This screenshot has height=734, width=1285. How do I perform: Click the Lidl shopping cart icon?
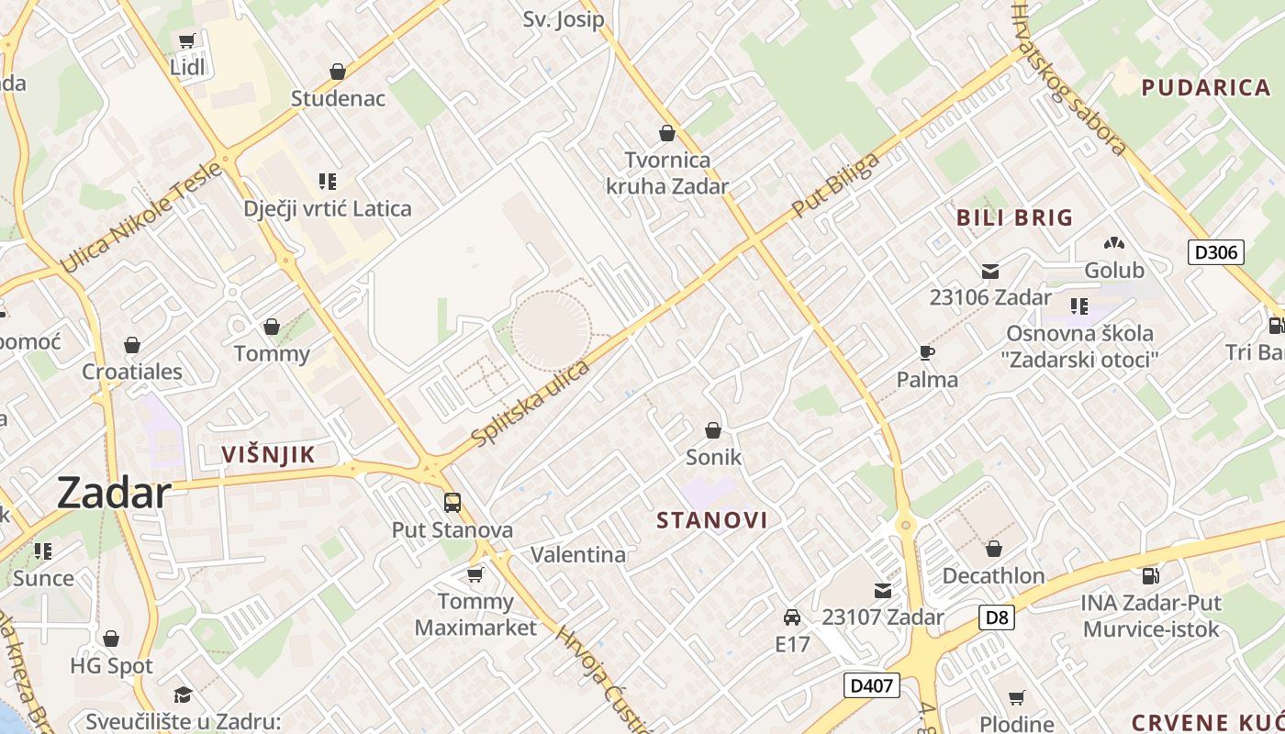(187, 40)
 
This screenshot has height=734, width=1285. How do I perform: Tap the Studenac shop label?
(338, 98)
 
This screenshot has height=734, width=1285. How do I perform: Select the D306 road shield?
(1215, 252)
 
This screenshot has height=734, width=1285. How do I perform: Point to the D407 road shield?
(871, 685)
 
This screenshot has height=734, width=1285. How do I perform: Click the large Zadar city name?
(114, 494)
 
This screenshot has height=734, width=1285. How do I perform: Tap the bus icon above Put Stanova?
(453, 502)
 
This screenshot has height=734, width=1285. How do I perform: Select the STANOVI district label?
(712, 520)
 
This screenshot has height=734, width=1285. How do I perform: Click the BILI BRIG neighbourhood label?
(1014, 217)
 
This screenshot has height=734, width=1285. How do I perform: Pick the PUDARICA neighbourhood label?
(1206, 88)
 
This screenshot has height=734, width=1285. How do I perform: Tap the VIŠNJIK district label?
(268, 454)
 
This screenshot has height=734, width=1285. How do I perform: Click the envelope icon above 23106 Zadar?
(990, 271)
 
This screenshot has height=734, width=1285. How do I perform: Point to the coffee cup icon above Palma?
(927, 353)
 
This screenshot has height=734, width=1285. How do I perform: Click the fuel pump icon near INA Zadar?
(1150, 576)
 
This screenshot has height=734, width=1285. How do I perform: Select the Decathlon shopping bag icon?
(993, 549)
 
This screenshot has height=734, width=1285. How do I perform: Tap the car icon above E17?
(792, 617)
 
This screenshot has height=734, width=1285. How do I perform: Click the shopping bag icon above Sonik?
(713, 429)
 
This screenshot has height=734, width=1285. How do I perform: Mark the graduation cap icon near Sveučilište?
(183, 695)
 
